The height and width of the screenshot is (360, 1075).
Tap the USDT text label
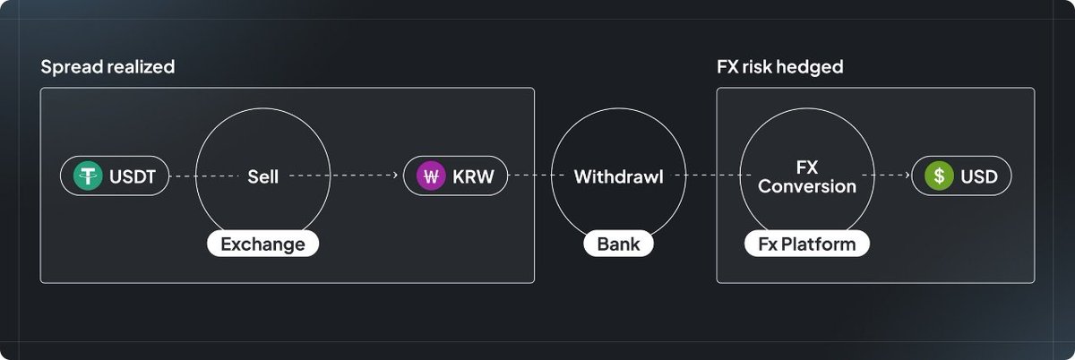pyautogui.click(x=133, y=176)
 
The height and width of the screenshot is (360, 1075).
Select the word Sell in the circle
pyautogui.click(x=262, y=176)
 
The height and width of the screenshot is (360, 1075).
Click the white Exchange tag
pyautogui.click(x=262, y=244)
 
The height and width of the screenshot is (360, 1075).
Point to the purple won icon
pyautogui.click(x=432, y=176)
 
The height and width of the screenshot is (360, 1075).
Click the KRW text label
pyautogui.click(x=472, y=176)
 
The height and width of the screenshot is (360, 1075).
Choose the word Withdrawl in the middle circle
pyautogui.click(x=618, y=176)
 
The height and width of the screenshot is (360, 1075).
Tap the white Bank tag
pyautogui.click(x=618, y=244)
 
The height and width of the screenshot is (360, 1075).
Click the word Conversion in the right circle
pyautogui.click(x=806, y=186)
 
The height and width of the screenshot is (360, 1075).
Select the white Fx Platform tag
pyautogui.click(x=806, y=244)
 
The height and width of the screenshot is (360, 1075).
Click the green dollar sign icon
pyautogui.click(x=938, y=176)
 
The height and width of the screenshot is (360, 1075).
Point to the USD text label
pyautogui.click(x=979, y=176)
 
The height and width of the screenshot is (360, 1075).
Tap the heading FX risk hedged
pyautogui.click(x=779, y=67)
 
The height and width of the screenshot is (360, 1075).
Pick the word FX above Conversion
pyautogui.click(x=806, y=167)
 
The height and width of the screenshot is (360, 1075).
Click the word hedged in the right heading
pyautogui.click(x=813, y=67)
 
